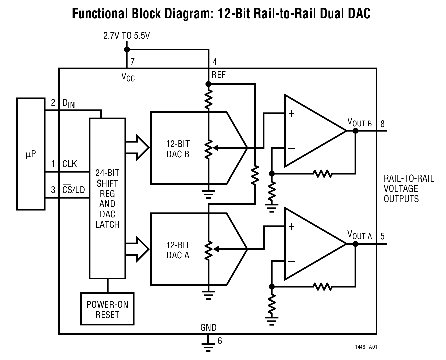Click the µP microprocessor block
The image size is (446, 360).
point(31,154)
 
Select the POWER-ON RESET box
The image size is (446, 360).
point(107,309)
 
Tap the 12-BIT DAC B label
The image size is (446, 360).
point(178,149)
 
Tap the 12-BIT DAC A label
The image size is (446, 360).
point(178,250)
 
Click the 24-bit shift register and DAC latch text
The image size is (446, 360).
point(107,199)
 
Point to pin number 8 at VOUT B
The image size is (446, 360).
point(382,124)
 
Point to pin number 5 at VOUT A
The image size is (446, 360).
point(382,236)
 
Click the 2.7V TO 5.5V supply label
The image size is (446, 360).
point(126,36)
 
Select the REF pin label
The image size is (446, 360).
point(218,75)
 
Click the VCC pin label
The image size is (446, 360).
point(128,77)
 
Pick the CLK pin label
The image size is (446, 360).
point(69,164)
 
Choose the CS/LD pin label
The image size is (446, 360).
point(73,190)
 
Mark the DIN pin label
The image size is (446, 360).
point(68,103)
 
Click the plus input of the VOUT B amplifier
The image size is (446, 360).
point(291,114)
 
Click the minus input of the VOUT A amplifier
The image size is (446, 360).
point(291,261)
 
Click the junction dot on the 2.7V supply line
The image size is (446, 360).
point(126,50)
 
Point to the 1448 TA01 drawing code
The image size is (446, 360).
point(366,347)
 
